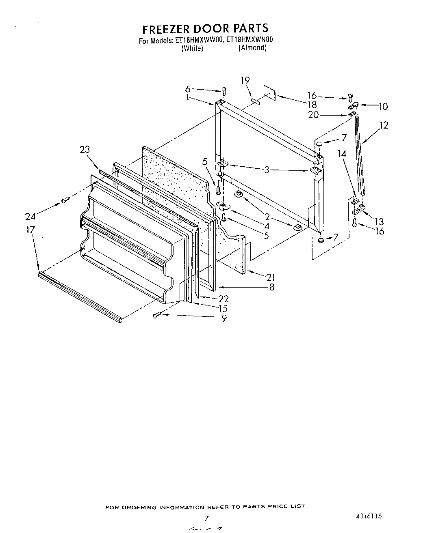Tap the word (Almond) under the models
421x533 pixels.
click(252, 48)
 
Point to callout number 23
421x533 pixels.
click(85, 150)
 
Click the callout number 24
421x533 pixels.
click(30, 216)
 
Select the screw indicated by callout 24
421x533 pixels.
click(65, 199)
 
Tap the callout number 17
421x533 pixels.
click(30, 230)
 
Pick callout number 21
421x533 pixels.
click(271, 277)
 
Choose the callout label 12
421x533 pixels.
click(383, 125)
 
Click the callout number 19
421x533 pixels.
click(245, 80)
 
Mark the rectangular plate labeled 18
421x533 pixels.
click(269, 93)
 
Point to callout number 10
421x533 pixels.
click(383, 107)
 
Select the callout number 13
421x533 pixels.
click(379, 221)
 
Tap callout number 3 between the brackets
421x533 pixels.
click(267, 170)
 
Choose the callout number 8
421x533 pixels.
click(271, 288)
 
